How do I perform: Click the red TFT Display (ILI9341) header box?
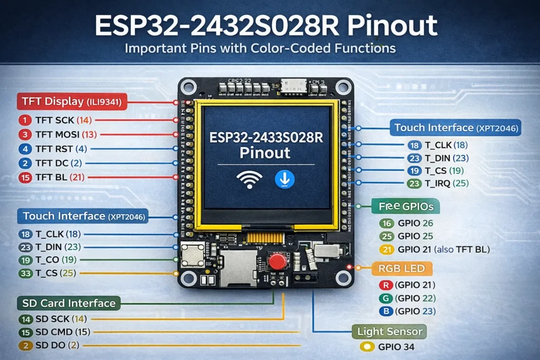(x=72, y=102)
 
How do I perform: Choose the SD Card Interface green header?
(x=69, y=303)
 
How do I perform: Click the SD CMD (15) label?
(x=63, y=332)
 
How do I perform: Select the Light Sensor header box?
(x=390, y=332)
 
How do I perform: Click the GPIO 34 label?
(x=396, y=347)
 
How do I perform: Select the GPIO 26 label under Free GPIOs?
(x=416, y=223)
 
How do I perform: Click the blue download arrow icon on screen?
(x=285, y=179)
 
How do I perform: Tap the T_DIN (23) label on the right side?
(x=447, y=158)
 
